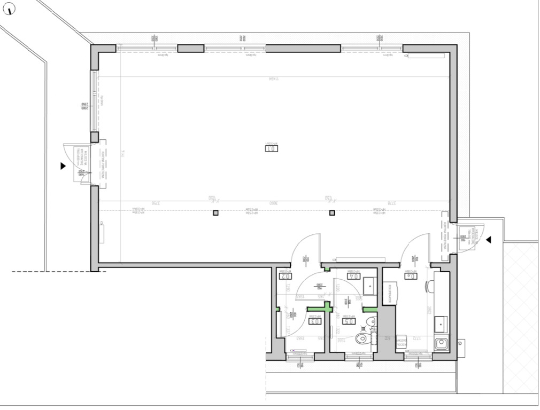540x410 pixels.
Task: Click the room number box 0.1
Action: point(271,148)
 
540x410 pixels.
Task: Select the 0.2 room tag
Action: point(285,276)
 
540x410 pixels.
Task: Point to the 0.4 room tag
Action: point(353,276)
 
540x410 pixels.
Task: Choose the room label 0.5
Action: point(348,321)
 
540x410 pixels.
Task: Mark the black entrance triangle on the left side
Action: point(63,166)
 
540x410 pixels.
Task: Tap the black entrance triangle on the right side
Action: point(488,240)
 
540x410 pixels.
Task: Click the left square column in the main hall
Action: point(215,213)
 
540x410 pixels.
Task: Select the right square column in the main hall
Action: point(332,213)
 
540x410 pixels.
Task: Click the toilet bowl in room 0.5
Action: point(362,338)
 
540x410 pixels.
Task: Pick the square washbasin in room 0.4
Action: point(369,286)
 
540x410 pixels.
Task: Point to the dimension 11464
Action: point(274,78)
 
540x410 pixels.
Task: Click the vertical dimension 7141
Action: point(122,154)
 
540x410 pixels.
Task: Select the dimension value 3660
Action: point(272,203)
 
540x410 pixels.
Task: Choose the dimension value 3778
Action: point(391,203)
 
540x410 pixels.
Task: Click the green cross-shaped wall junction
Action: point(327,307)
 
